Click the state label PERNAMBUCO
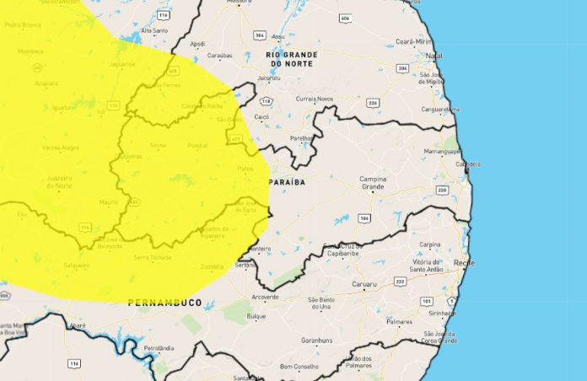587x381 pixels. click(165, 302)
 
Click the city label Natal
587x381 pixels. click(435, 56)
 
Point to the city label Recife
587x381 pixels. click(464, 263)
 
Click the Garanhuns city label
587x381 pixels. click(318, 343)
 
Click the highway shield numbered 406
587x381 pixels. click(345, 18)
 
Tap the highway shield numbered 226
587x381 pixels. click(372, 104)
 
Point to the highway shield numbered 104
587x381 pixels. click(364, 218)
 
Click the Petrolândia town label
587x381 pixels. click(158, 347)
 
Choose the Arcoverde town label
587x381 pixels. click(265, 297)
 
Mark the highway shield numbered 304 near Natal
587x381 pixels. click(402, 67)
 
